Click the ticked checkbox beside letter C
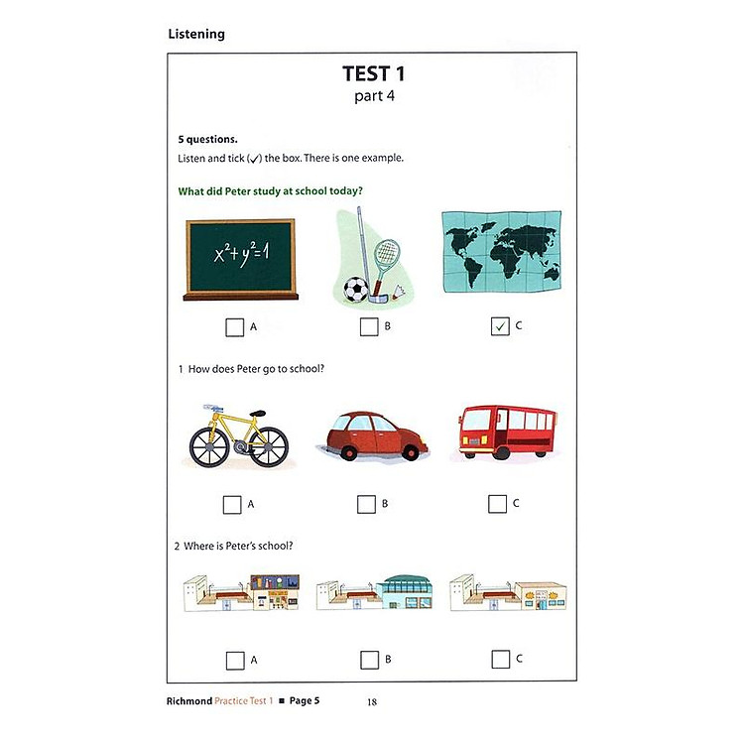(500, 326)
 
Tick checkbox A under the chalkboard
(234, 326)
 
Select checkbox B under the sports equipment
(368, 326)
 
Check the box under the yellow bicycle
(232, 504)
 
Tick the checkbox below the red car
(366, 504)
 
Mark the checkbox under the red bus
(497, 504)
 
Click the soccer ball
(354, 289)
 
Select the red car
(373, 435)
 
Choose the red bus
(505, 432)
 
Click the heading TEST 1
(373, 73)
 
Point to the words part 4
(373, 96)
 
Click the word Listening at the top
(196, 34)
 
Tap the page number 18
(372, 702)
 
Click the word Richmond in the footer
(191, 701)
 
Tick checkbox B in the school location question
(369, 659)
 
